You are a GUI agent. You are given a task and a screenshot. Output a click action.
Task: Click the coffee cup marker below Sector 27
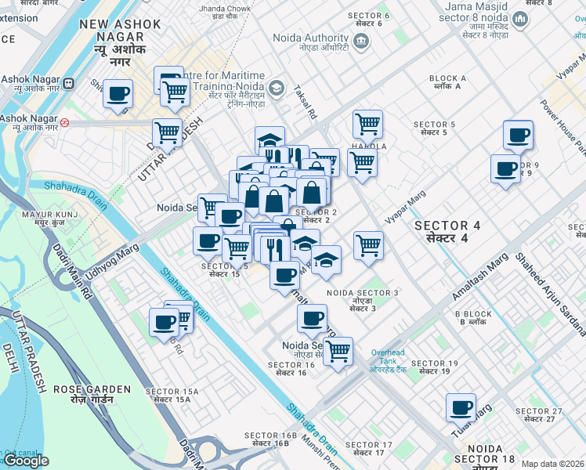[x=461, y=408]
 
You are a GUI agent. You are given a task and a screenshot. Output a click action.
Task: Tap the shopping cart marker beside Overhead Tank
[x=337, y=352]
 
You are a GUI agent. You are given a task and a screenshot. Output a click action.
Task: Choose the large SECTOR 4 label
[x=453, y=231]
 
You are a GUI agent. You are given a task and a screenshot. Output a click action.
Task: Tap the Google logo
[x=26, y=461]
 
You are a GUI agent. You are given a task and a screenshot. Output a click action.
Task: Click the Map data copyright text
[x=552, y=464]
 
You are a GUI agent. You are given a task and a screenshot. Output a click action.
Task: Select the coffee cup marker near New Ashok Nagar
[x=118, y=94]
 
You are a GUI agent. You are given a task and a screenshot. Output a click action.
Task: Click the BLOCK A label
[x=448, y=83]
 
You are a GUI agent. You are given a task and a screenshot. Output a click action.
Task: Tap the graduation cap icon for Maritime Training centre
[x=276, y=88]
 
